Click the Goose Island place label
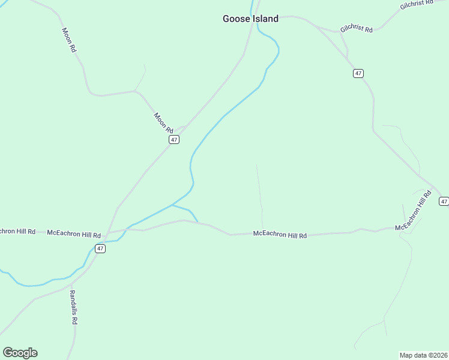[x=250, y=19]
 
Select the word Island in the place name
[x=265, y=19]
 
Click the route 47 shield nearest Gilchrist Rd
[x=358, y=73]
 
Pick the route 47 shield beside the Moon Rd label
[x=174, y=139]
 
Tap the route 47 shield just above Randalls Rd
[x=100, y=248]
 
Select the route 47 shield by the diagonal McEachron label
[x=444, y=201]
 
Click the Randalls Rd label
[x=73, y=307]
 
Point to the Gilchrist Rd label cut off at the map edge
[x=416, y=5]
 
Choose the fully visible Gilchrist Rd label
[x=357, y=29]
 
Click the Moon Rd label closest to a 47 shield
[x=163, y=122]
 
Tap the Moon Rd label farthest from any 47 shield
[x=69, y=40]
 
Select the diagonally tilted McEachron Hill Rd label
[x=414, y=211]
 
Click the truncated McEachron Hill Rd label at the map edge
[x=17, y=231]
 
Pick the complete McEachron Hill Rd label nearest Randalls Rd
[x=73, y=233]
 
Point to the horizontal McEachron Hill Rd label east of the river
[x=280, y=235]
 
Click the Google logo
[x=20, y=353]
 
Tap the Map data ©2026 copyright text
[x=423, y=355]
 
